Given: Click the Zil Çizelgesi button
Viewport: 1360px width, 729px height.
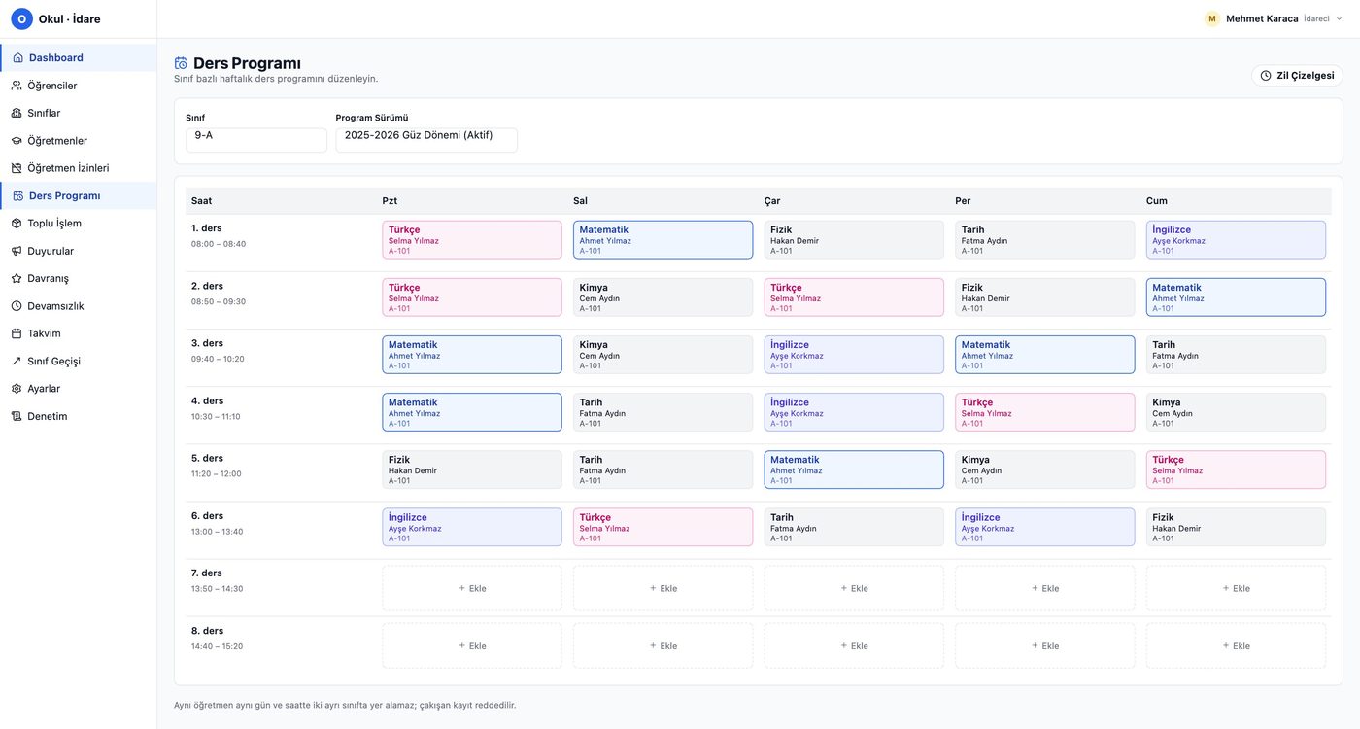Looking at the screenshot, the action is click(1297, 76).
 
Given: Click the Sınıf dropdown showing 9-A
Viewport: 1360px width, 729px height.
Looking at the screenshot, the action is click(256, 140).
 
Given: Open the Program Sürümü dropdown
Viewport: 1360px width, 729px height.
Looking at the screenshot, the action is click(426, 140).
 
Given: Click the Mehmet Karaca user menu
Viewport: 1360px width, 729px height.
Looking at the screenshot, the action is click(1273, 18).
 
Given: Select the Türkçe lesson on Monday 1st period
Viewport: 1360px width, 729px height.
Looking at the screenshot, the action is click(472, 239).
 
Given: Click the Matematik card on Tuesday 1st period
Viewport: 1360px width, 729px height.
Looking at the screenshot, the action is click(663, 239).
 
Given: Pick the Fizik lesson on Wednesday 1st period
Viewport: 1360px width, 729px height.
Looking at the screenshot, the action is click(854, 239).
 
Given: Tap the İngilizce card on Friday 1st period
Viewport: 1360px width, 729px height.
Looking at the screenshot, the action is click(1236, 239).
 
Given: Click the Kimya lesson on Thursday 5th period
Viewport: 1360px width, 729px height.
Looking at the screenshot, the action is click(1045, 469).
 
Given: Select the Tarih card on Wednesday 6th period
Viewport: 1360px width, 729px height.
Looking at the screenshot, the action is click(854, 527).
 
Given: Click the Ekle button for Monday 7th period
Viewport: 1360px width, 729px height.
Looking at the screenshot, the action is click(472, 588).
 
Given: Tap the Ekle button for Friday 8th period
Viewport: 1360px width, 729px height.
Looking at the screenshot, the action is click(1236, 645).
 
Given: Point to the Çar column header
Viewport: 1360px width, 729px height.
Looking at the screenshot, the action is click(771, 201).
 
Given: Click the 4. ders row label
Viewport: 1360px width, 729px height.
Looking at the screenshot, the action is click(207, 400).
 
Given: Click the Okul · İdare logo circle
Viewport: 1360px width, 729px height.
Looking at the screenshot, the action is click(21, 18).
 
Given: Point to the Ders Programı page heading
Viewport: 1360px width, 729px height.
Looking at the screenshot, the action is click(247, 63).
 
